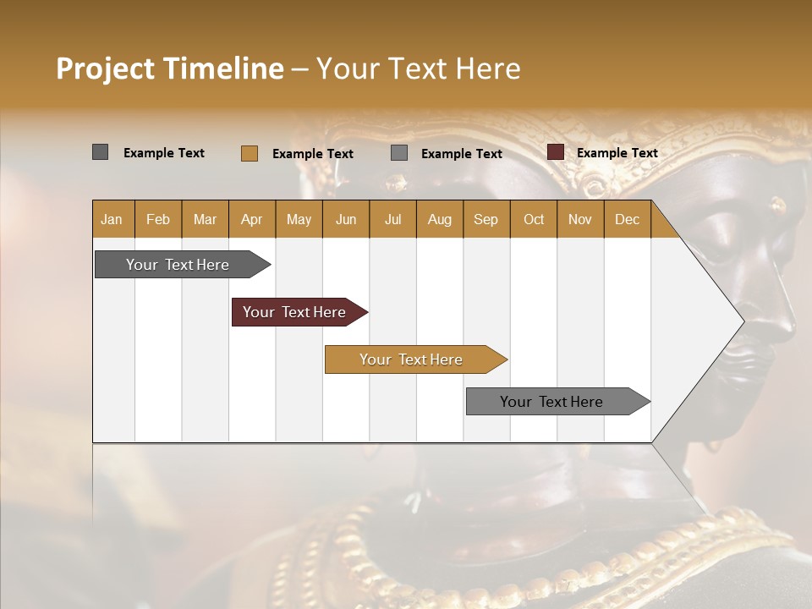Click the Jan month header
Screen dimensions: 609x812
(112, 219)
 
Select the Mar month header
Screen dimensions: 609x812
(205, 219)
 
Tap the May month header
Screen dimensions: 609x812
(299, 219)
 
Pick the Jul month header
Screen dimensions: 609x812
(392, 219)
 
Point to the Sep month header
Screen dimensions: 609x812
(486, 219)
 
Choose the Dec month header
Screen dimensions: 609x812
(627, 219)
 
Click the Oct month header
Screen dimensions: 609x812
(534, 219)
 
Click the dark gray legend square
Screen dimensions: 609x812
(100, 152)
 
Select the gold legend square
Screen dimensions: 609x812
(249, 153)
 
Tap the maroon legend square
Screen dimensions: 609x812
(555, 152)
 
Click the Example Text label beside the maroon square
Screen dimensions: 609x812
(617, 153)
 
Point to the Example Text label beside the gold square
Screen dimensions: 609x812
(312, 154)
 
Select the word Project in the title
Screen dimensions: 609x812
(105, 69)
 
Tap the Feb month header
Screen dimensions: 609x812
(158, 219)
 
